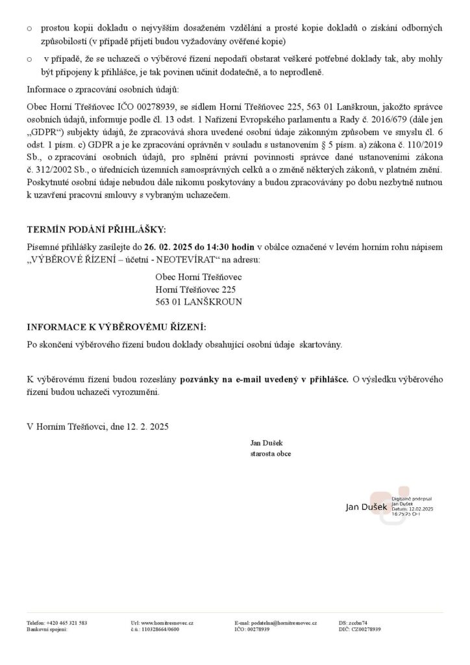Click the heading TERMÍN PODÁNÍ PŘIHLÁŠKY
(x=96, y=230)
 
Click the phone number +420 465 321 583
(x=67, y=623)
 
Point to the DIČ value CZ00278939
(x=366, y=629)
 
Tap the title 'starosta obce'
(x=270, y=453)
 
